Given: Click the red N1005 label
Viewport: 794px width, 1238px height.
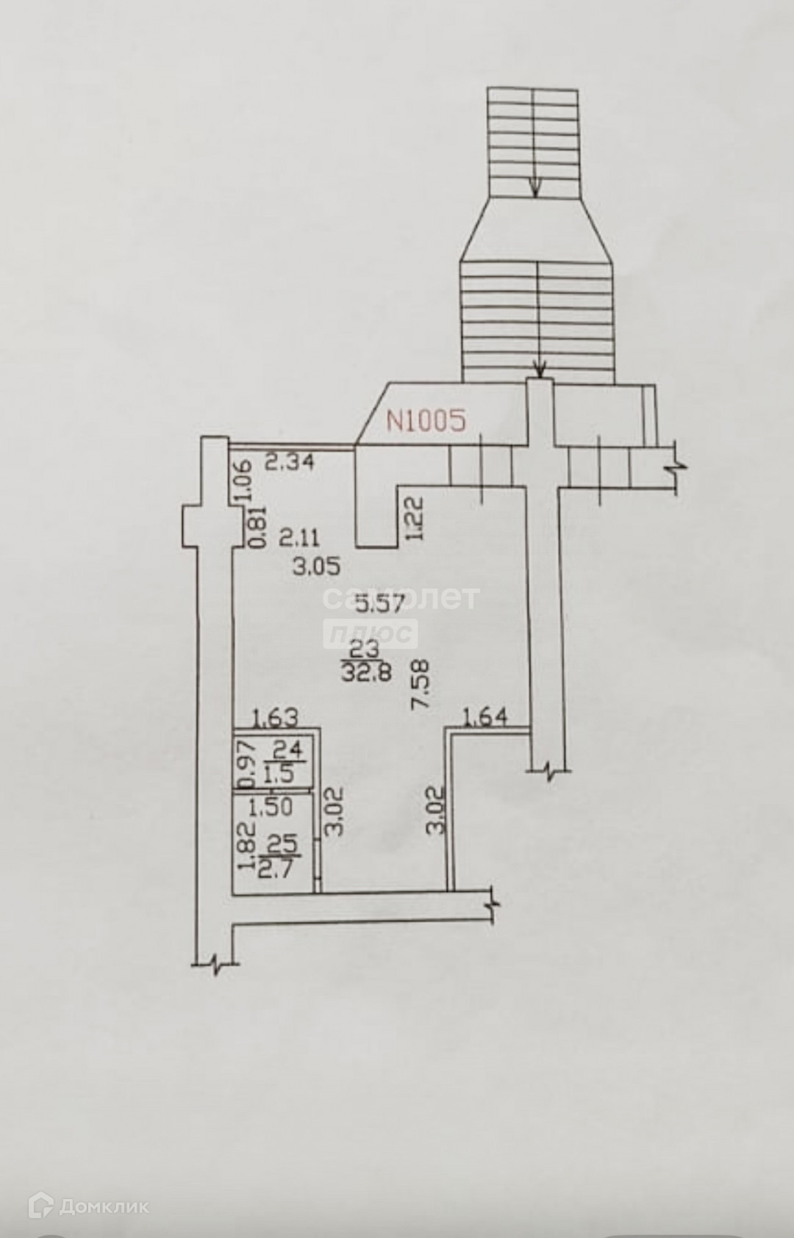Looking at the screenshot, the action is point(426,421).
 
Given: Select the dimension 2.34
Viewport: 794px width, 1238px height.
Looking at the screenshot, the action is point(290,461).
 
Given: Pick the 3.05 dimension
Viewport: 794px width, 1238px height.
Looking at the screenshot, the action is point(318,567).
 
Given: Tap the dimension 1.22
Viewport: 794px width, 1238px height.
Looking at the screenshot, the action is point(417,518).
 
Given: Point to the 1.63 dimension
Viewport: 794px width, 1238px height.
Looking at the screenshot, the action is point(276,719).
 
